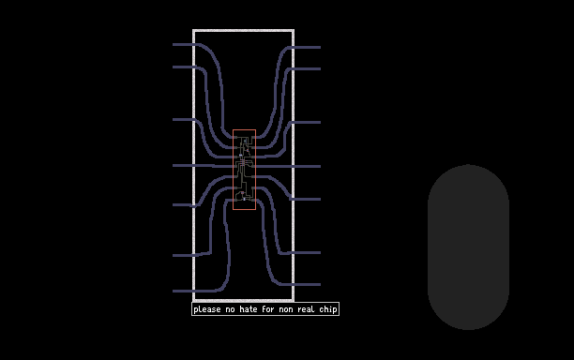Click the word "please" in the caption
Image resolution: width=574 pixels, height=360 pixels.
207,309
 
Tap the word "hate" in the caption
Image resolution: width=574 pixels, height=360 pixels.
249,309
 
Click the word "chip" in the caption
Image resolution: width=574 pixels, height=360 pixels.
328,309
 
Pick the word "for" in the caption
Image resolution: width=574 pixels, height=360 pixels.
268,309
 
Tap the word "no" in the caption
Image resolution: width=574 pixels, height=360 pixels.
230,310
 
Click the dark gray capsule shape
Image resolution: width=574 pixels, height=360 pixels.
468,247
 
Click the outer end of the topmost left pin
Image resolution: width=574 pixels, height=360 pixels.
174,45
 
